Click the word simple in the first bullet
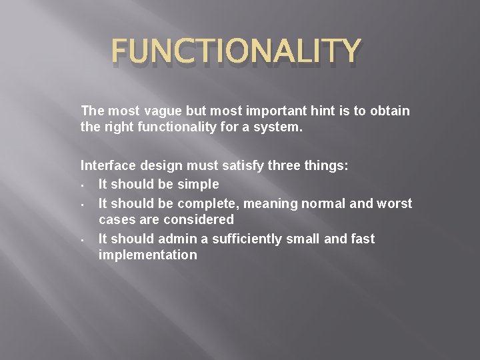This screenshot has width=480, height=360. [199, 184]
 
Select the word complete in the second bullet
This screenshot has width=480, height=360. [211, 203]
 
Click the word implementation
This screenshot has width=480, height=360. [147, 255]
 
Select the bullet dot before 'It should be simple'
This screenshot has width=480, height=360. [81, 185]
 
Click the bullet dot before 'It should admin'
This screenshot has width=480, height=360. [81, 240]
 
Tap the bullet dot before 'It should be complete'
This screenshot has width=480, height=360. [81, 205]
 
